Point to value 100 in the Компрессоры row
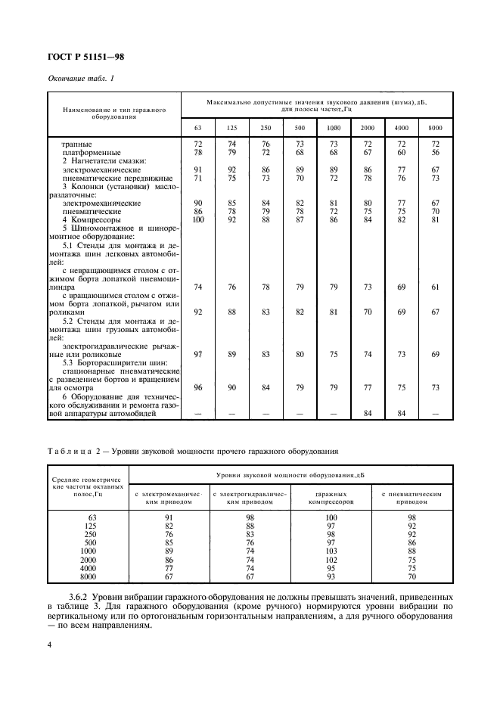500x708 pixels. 198,220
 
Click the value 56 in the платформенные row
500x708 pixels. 435,152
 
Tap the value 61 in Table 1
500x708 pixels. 435,288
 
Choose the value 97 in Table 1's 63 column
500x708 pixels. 198,354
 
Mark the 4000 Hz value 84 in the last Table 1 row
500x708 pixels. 402,414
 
